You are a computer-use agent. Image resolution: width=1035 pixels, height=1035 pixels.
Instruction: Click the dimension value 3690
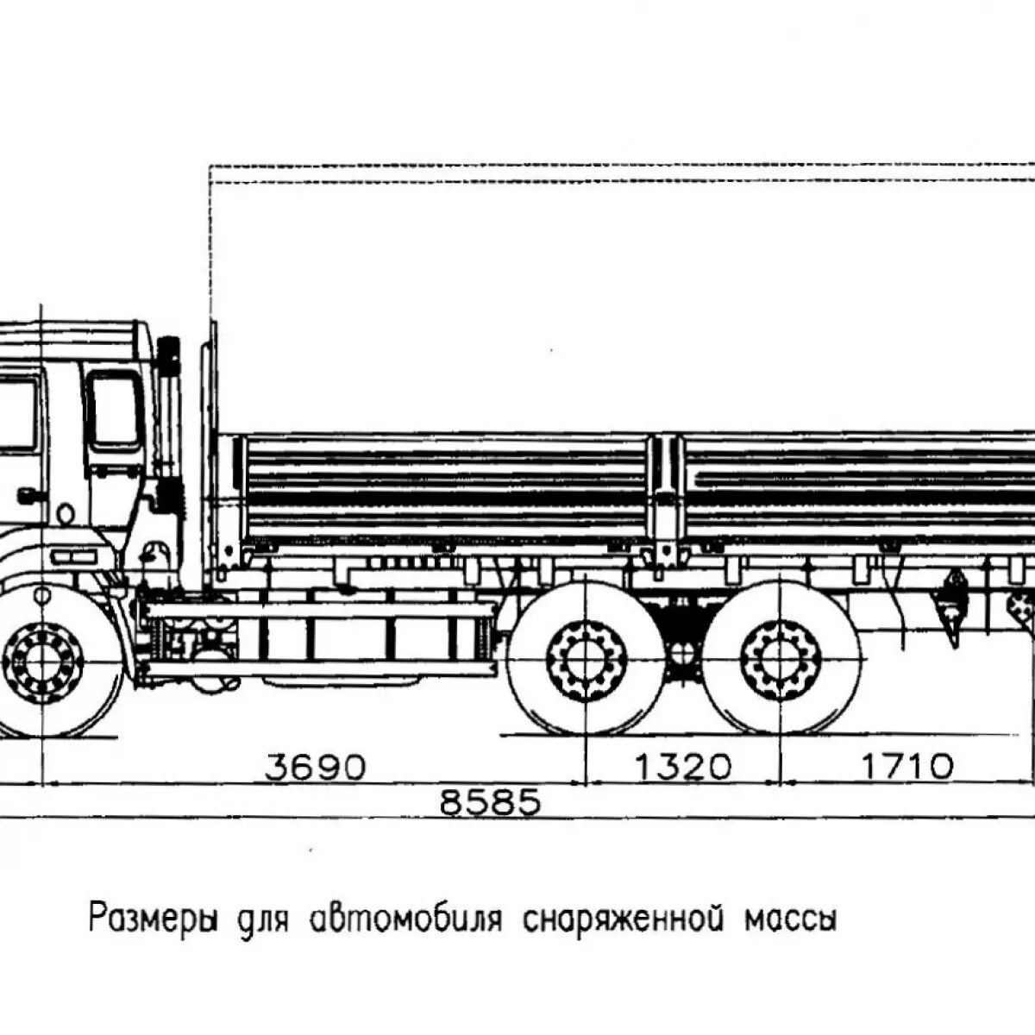pyautogui.click(x=316, y=767)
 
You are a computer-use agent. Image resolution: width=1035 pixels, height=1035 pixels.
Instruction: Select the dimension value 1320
pyautogui.click(x=683, y=767)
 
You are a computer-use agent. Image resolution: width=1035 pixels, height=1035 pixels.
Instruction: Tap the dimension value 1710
pyautogui.click(x=906, y=767)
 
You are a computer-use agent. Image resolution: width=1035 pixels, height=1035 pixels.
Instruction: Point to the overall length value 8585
pyautogui.click(x=490, y=802)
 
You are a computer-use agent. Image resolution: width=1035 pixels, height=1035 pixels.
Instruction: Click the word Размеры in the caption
pyautogui.click(x=154, y=917)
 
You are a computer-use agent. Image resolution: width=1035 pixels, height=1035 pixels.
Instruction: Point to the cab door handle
pyautogui.click(x=29, y=495)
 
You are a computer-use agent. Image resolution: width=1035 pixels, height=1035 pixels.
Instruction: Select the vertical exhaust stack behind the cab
pyautogui.click(x=168, y=431)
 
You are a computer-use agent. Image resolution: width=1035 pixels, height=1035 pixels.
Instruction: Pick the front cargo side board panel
pyautogui.click(x=444, y=487)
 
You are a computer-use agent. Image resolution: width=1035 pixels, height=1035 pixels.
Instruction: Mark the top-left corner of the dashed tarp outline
pyautogui.click(x=210, y=165)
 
